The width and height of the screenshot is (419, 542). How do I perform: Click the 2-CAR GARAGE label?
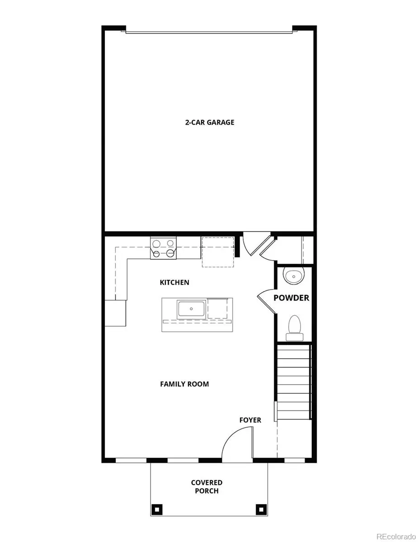210,122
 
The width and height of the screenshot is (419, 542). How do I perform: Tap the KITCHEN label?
174,282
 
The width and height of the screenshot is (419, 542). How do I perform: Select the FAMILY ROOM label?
184,384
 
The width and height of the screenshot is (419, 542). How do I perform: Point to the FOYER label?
250,420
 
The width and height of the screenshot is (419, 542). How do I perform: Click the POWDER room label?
292,298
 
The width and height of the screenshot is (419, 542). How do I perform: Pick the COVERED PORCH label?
207,487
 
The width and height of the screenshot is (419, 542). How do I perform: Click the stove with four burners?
163,248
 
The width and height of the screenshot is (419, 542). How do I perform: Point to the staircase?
293,382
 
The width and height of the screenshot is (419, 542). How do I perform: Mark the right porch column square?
260,509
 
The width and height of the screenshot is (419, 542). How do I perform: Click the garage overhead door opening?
210,32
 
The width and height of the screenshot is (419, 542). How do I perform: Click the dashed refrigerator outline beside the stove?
218,251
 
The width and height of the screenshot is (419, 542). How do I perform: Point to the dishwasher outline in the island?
218,308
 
